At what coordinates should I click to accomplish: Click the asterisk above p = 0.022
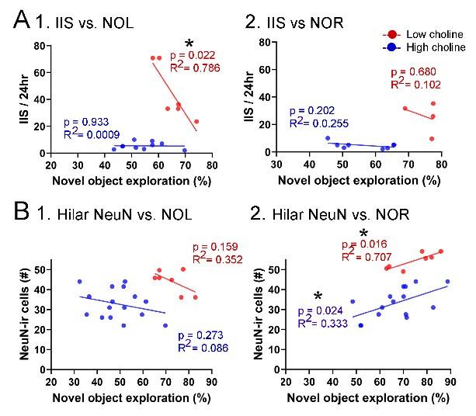[x=188, y=43]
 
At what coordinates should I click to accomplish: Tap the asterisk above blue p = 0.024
[x=318, y=296]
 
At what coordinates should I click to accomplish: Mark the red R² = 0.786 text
[x=197, y=68]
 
